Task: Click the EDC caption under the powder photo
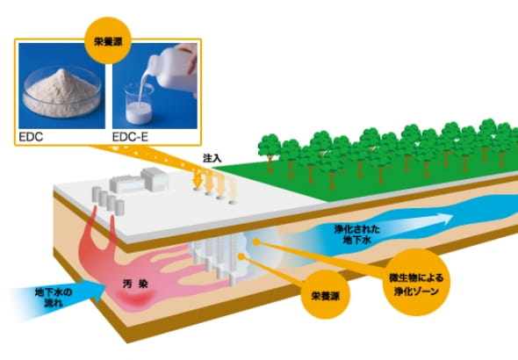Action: [31, 137]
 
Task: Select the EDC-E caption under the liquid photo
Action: [130, 137]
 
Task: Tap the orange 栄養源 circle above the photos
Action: [108, 40]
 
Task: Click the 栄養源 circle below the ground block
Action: [326, 295]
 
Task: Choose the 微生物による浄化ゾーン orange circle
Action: [416, 283]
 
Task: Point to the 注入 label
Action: [212, 159]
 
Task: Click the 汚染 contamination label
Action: [135, 284]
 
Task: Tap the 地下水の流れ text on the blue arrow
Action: [54, 298]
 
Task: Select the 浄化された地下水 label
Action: [356, 234]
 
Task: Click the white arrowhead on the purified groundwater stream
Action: [444, 219]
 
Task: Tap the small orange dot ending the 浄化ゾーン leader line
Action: [255, 241]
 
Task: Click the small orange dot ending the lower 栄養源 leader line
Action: [241, 256]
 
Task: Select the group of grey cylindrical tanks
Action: [108, 200]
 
